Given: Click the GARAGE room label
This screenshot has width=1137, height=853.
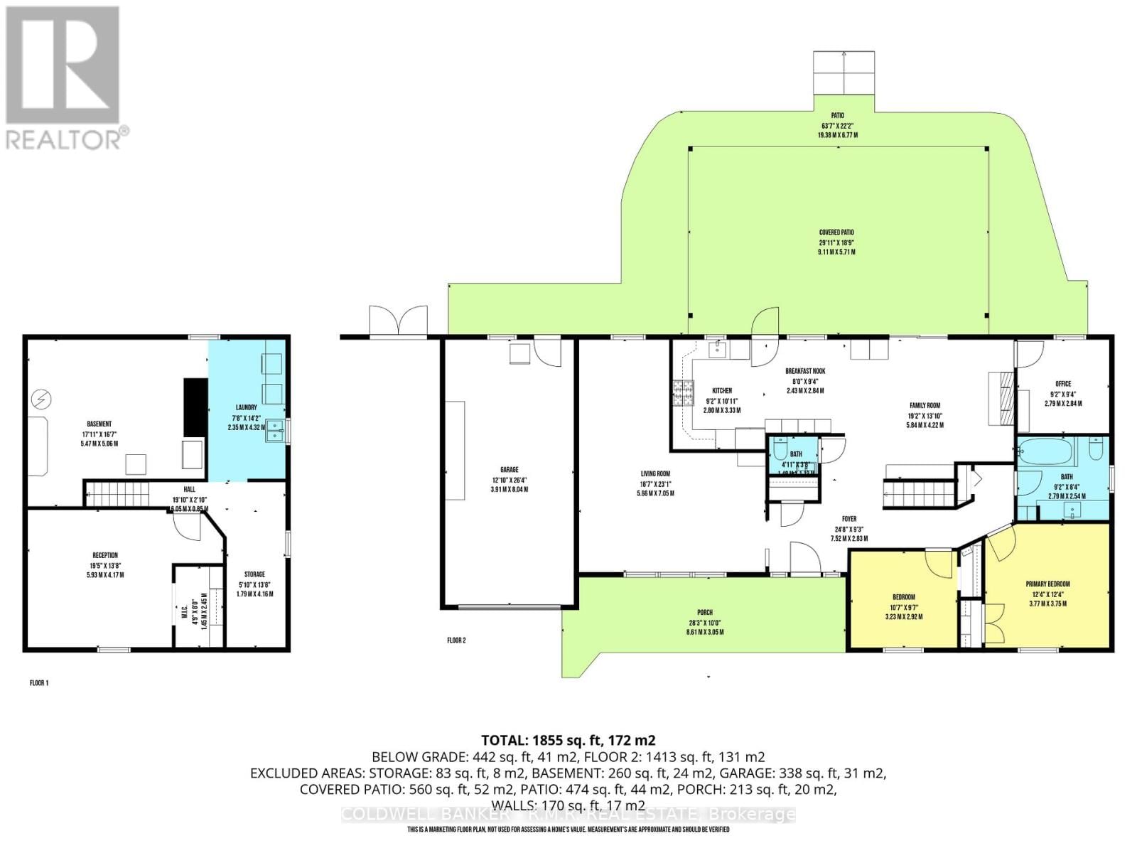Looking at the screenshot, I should click(509, 470).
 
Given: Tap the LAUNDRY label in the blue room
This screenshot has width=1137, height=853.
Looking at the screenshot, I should click(247, 408).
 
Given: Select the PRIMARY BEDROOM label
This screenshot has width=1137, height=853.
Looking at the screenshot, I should click(1047, 584).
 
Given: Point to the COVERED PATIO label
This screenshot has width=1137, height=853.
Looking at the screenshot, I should click(836, 232).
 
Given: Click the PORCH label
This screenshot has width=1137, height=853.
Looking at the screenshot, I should click(704, 613).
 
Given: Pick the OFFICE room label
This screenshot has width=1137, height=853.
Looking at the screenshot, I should click(1063, 384).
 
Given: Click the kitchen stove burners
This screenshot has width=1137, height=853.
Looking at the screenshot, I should click(684, 393).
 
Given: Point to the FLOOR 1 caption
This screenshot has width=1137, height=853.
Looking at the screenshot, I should click(39, 683).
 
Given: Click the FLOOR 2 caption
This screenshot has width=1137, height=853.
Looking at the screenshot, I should click(456, 640).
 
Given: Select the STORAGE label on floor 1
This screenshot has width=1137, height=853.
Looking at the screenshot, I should click(254, 574).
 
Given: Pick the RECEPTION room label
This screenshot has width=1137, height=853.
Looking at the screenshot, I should click(105, 555).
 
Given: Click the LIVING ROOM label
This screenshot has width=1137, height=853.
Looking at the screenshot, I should click(655, 473).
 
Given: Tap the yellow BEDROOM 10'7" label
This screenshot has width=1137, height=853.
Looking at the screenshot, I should click(904, 597).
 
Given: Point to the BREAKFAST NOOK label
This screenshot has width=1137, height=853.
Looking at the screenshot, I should click(805, 371).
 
